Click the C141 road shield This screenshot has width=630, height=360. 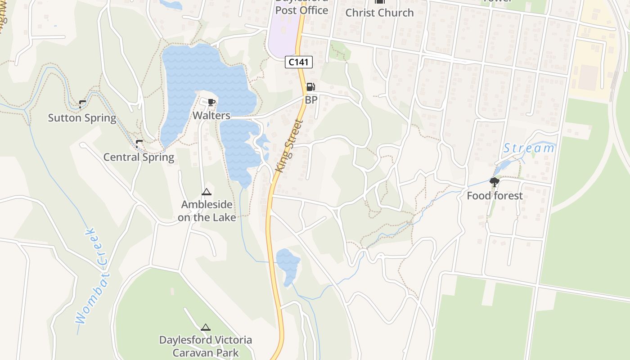(x=299, y=62)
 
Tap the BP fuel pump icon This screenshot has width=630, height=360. (x=310, y=87)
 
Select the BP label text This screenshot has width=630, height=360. (x=311, y=100)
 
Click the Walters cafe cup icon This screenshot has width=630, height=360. (x=211, y=103)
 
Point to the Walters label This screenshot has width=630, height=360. (x=211, y=116)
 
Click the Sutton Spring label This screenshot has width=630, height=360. (x=82, y=118)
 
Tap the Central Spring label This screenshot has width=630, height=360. (x=139, y=157)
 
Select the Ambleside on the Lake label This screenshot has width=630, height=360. (x=207, y=211)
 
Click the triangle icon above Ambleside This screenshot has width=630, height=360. (x=207, y=193)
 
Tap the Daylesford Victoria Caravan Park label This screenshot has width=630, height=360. (x=206, y=346)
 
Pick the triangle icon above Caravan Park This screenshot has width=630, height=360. (x=206, y=327)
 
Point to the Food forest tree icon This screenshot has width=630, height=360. (x=495, y=182)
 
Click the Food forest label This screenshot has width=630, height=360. (x=495, y=196)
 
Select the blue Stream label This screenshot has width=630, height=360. (x=529, y=148)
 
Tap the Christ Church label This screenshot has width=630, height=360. (x=379, y=13)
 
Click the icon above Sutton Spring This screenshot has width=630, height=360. (x=82, y=104)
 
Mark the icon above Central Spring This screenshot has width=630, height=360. (x=139, y=144)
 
